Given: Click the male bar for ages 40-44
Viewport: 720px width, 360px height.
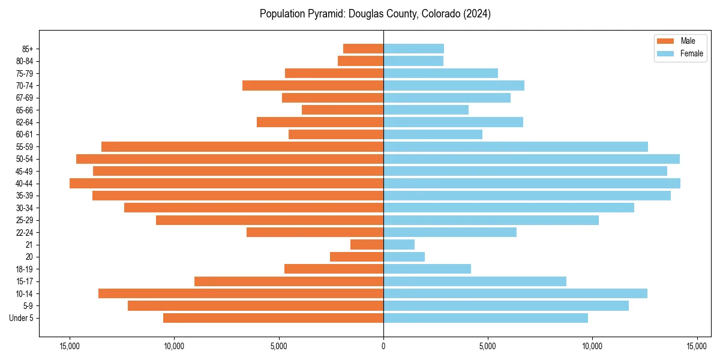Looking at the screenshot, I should pos(226,183).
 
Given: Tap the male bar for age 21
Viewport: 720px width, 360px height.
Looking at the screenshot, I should pos(367,245).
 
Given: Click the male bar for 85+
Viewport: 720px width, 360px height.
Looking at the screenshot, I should pos(363,49).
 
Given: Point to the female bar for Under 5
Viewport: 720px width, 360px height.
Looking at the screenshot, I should pos(485,318).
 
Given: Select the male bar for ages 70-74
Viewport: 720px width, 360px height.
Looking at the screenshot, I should pos(313,86).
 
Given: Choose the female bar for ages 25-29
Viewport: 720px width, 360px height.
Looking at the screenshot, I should pos(491,220).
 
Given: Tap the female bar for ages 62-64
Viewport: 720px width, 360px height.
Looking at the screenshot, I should pos(453,122).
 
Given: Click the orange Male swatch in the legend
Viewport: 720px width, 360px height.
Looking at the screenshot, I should pos(665,41).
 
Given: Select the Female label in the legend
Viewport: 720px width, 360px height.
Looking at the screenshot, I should pos(691,53).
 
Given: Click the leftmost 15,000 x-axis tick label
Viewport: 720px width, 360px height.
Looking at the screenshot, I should pos(70,347).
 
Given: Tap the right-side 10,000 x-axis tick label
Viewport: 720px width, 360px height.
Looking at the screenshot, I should pos(592,347).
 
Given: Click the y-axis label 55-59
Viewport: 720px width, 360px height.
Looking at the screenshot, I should pos(25,147).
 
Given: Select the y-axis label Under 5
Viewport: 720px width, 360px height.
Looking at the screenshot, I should pos(22,318).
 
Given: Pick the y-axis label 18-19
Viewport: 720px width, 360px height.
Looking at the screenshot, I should pos(25,269).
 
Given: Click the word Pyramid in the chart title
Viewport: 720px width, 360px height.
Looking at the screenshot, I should pos(321,14).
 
